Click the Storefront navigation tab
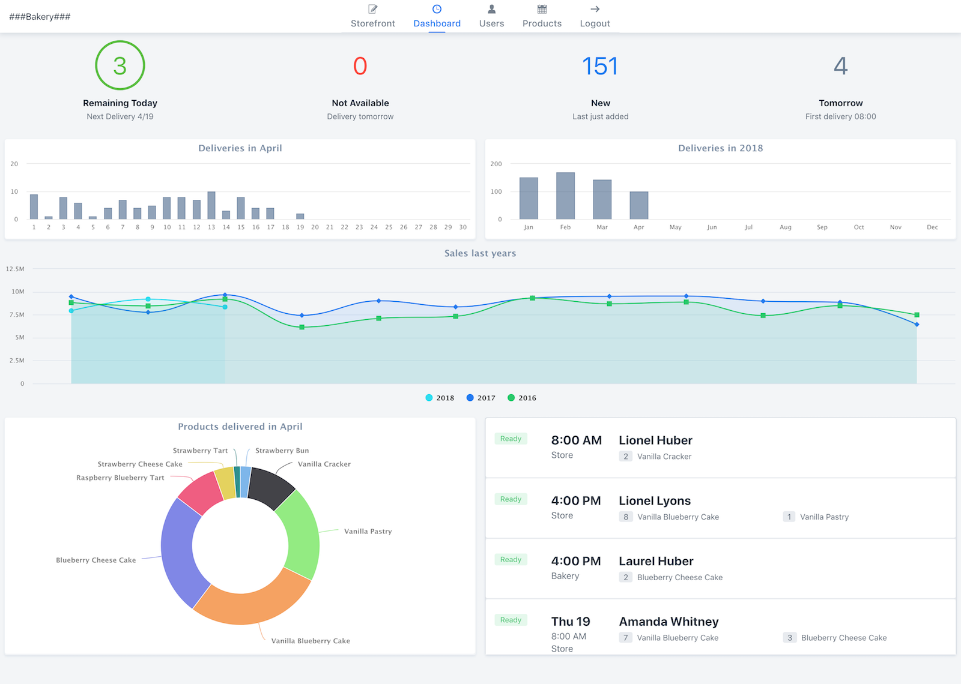click(372, 17)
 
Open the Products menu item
click(542, 17)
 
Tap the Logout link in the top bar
click(595, 17)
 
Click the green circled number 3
click(120, 65)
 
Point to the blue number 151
click(600, 66)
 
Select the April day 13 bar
click(211, 206)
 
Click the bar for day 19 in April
click(300, 216)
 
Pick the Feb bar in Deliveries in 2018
click(565, 196)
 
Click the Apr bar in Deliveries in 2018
click(638, 206)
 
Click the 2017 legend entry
click(481, 398)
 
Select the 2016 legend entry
click(522, 398)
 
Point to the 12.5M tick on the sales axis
click(15, 269)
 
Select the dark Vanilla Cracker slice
click(270, 487)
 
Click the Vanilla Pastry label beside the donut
click(368, 531)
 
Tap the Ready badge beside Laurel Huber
click(511, 559)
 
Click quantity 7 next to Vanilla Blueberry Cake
click(625, 638)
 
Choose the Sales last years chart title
click(480, 253)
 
